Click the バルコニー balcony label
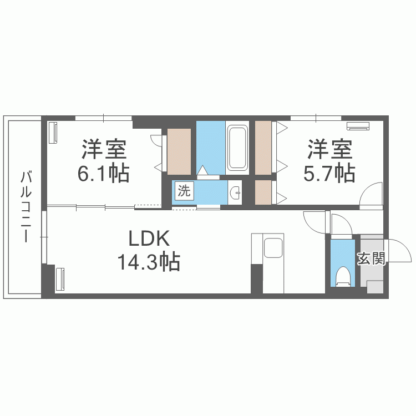(x=26, y=207)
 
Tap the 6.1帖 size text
(x=103, y=173)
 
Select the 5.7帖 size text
(x=329, y=173)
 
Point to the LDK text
(x=149, y=239)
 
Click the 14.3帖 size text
(x=149, y=262)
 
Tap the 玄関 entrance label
(x=371, y=258)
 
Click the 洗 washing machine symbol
(x=184, y=190)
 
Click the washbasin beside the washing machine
(x=235, y=192)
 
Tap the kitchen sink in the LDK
(x=273, y=248)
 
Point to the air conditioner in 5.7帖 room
(x=358, y=126)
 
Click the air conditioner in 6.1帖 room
(x=53, y=133)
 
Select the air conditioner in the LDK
(x=60, y=280)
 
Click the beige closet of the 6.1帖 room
(x=179, y=152)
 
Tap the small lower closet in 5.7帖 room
(x=263, y=192)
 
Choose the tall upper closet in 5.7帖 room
(x=263, y=148)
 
